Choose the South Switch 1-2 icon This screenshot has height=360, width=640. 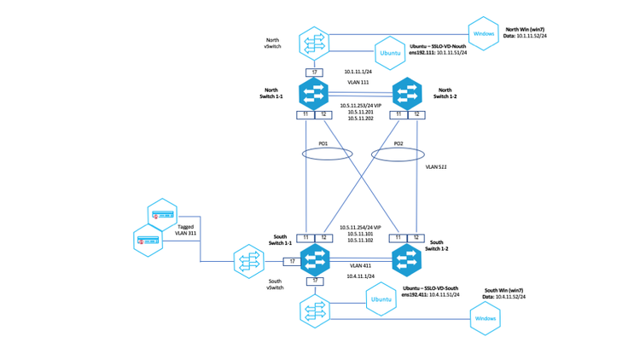tap(406, 259)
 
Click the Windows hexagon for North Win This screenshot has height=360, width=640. tap(485, 34)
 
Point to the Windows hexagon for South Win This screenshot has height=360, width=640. tap(485, 319)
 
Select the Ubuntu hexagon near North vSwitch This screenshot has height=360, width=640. tap(388, 53)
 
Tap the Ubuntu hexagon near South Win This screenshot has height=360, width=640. tap(381, 299)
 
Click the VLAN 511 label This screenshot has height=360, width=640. tap(437, 167)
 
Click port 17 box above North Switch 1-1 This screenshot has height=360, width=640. tap(315, 72)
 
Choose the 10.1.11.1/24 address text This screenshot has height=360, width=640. tap(357, 72)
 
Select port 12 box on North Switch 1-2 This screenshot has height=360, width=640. tap(416, 114)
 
